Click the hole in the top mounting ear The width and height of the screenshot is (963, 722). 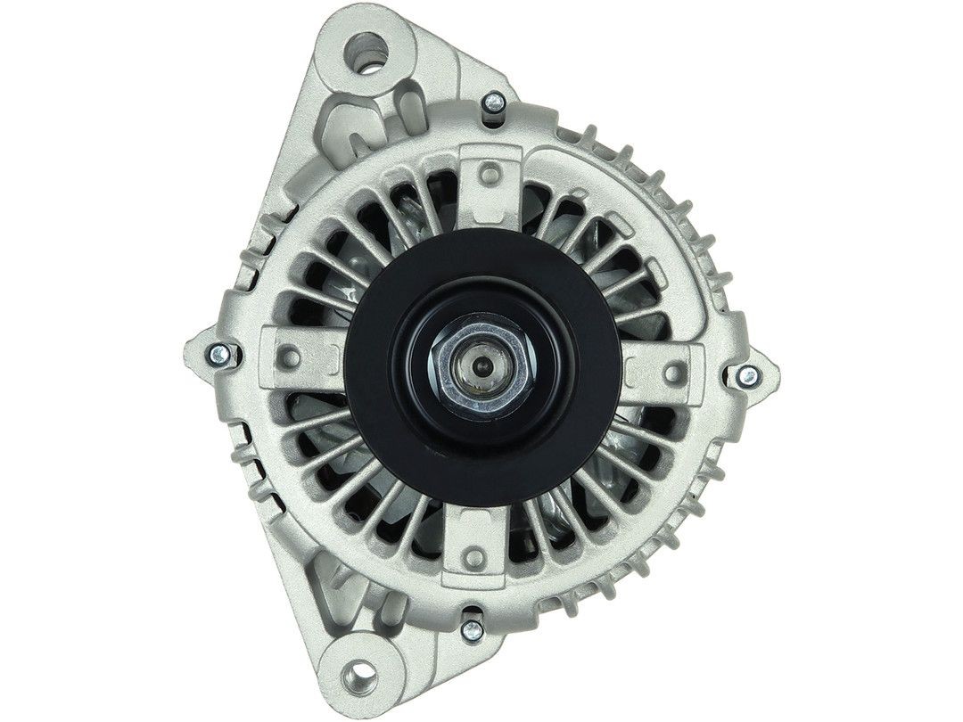(366, 45)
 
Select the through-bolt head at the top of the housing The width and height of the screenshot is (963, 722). (491, 105)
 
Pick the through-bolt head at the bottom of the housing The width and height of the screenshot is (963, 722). (473, 629)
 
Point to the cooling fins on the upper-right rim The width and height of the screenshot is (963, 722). (660, 178)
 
